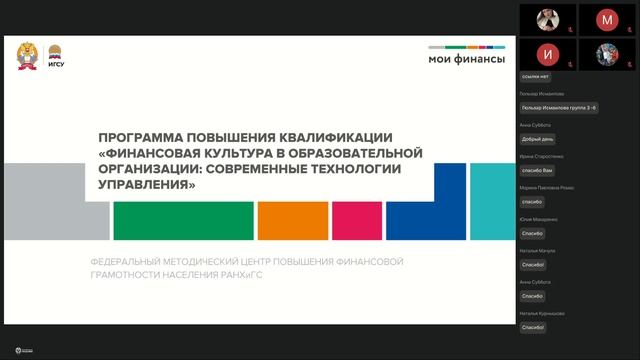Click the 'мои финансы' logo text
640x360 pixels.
point(467,59)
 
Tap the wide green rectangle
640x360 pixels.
point(182,221)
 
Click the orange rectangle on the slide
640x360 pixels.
point(292,221)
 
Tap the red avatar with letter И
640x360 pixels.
point(546,53)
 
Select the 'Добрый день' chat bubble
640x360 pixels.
point(538,139)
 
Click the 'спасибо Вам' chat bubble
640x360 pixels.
point(538,170)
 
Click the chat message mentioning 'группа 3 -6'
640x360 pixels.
point(559,107)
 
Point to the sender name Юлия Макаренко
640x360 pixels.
point(539,219)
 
